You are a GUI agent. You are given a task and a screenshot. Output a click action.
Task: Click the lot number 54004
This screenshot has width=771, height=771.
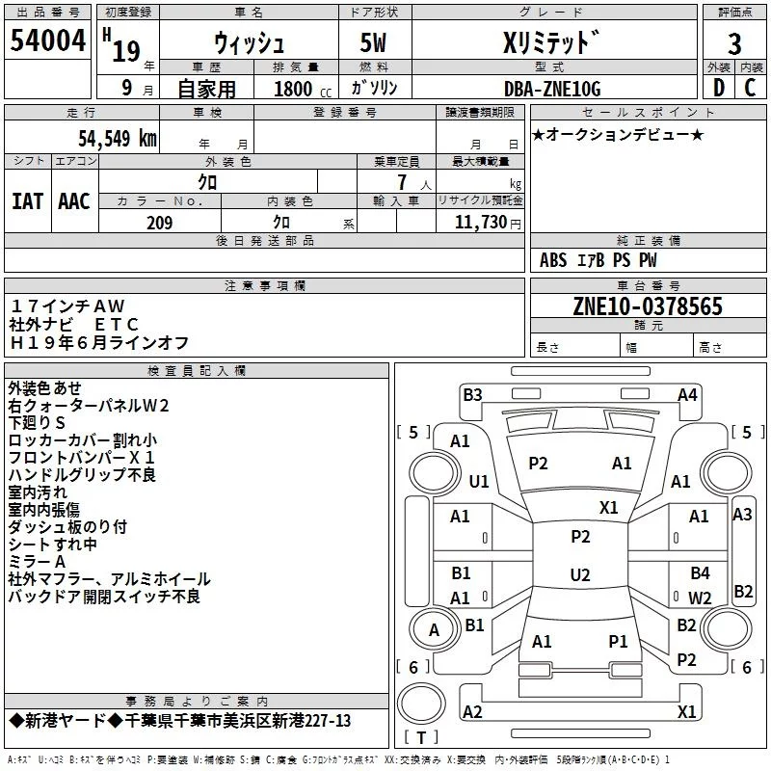coord(47,42)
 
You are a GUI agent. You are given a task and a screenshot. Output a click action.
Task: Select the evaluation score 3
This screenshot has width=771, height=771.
coord(734,44)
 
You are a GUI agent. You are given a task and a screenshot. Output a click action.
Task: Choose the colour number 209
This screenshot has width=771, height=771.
coord(159,223)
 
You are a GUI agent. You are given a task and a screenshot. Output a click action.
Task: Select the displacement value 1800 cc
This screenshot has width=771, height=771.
coord(299,90)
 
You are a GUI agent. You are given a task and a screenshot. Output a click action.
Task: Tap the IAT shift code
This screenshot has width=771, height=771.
coord(28,201)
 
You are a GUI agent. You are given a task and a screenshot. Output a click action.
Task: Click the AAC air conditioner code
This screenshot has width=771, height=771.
coord(74,201)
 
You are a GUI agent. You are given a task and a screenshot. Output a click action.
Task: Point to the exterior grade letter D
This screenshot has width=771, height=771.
coord(718,89)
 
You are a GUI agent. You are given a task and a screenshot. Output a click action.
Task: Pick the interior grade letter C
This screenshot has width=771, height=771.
coord(750,89)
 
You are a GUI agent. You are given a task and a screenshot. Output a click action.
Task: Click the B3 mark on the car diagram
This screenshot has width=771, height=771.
coord(472,394)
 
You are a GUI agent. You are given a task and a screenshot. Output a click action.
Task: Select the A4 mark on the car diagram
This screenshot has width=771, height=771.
coord(687,394)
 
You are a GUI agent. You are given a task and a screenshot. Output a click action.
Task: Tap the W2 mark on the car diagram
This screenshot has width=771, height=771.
coord(700,598)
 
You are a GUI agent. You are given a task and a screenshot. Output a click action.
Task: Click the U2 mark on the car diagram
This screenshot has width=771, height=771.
coord(579,575)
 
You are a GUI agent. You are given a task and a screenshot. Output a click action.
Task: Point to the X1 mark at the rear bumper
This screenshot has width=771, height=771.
coord(687,712)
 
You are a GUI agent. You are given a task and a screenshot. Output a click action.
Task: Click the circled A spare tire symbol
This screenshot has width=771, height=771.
coord(434,630)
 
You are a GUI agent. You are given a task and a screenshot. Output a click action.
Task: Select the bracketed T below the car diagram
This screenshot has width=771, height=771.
coord(420,738)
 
